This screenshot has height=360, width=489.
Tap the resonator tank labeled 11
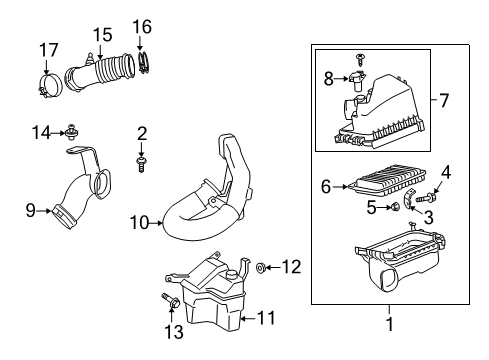click(212, 300)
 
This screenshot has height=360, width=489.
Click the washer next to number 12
click(260, 267)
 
